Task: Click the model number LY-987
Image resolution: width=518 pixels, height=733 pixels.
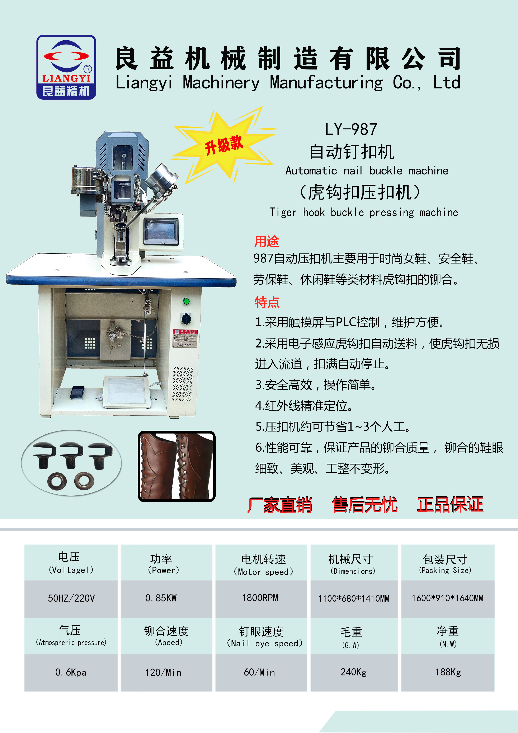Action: [351, 129]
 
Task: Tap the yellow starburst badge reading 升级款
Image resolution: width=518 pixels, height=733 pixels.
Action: [224, 145]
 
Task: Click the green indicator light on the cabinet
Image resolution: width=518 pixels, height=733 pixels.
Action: [186, 301]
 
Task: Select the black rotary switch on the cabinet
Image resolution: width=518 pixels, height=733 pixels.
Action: [186, 318]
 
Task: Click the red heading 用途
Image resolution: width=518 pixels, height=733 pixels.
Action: [267, 241]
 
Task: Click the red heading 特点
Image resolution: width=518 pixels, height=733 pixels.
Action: [267, 302]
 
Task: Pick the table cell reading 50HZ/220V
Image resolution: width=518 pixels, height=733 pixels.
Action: [71, 598]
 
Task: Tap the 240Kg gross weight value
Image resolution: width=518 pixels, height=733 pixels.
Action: [354, 672]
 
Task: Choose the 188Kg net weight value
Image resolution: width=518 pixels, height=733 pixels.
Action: [448, 672]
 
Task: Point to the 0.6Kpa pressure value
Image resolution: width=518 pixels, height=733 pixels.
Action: [71, 672]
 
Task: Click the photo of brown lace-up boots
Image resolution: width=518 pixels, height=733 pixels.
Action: [176, 466]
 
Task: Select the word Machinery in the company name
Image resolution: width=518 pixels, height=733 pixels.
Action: [221, 83]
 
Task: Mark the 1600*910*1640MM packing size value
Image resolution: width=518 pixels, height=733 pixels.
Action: [447, 598]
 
